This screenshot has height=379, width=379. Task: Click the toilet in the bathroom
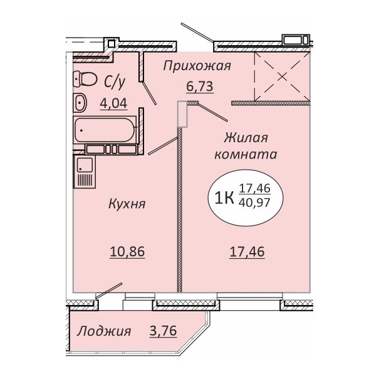click(85, 79)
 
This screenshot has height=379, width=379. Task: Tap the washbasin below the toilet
click(80, 102)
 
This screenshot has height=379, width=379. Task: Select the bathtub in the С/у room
click(105, 130)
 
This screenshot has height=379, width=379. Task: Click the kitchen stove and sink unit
click(85, 172)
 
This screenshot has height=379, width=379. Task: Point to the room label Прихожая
click(197, 66)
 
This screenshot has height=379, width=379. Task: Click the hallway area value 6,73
click(200, 86)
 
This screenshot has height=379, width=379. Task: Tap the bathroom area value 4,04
click(113, 104)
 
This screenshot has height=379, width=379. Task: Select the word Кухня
click(127, 204)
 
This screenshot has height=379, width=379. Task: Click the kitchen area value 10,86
click(127, 252)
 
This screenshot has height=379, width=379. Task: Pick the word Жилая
click(246, 138)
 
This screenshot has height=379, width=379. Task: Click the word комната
click(246, 155)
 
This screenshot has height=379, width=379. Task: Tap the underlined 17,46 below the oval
click(247, 252)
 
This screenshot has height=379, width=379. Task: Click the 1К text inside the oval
click(224, 198)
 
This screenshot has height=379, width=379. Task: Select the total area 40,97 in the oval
click(254, 202)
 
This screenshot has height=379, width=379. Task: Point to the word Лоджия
click(104, 331)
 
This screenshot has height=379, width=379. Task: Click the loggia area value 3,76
click(164, 331)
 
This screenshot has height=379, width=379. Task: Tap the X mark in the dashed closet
click(282, 77)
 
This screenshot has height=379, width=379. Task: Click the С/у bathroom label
click(115, 81)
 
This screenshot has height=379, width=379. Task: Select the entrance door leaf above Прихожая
click(197, 32)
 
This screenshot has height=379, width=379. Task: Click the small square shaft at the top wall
click(112, 43)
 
